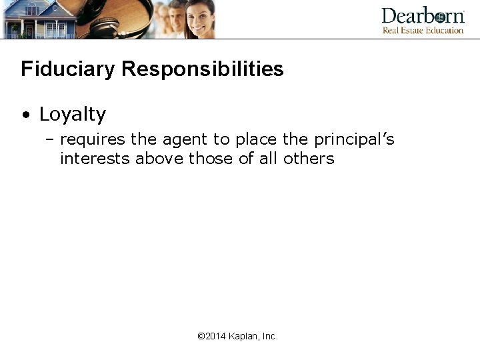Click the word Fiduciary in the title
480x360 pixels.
tap(64, 69)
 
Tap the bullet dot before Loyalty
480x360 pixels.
tap(25, 115)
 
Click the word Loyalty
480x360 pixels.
tap(73, 115)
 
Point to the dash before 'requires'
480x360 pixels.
tap(51, 140)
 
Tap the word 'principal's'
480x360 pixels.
tap(354, 140)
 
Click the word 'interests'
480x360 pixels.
tap(95, 159)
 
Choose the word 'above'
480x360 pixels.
tap(159, 159)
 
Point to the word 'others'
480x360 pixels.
tap(309, 159)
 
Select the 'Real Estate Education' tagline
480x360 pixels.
tap(423, 30)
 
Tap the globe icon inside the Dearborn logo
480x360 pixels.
tap(439, 17)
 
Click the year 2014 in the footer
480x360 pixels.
tap(216, 337)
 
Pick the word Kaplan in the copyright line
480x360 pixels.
tap(243, 337)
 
